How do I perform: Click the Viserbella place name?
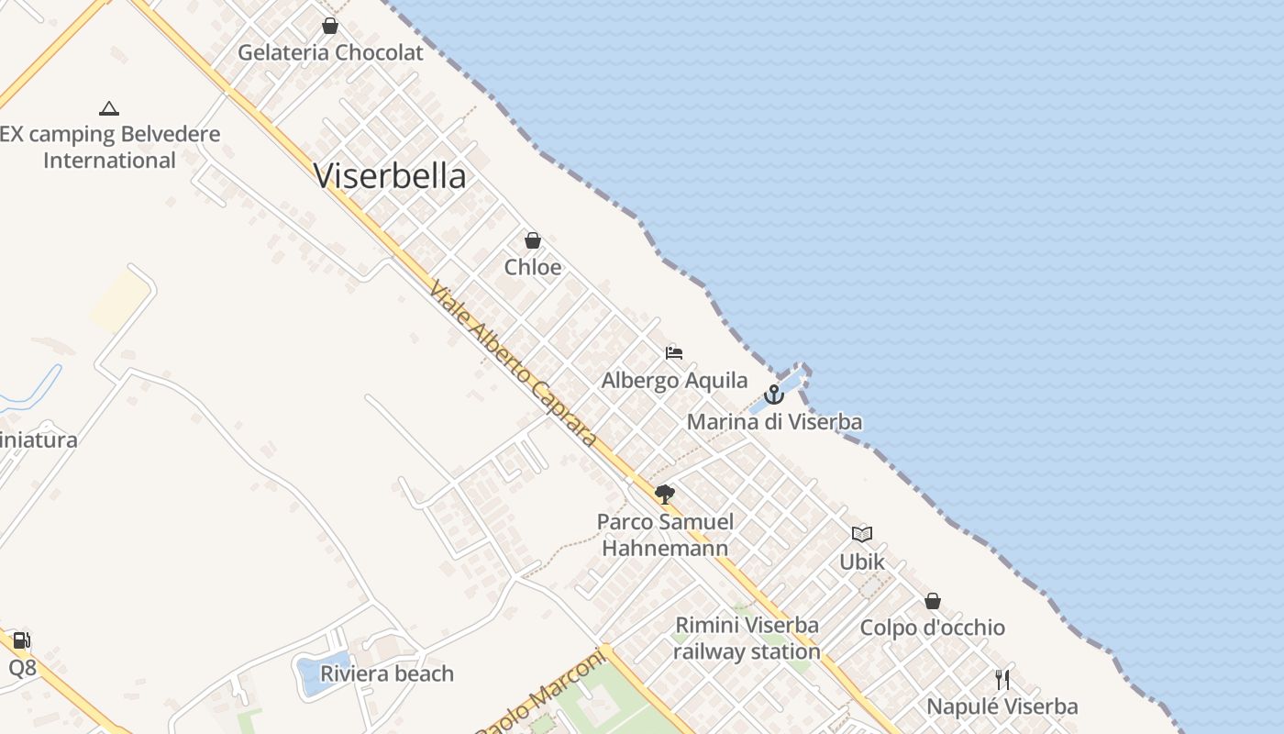point(390,175)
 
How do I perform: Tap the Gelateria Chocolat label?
point(330,52)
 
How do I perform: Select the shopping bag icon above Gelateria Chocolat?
point(330,26)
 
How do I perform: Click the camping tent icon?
point(109,108)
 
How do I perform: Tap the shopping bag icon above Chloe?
point(533,240)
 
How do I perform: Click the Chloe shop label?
point(533,267)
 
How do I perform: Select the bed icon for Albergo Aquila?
point(674,353)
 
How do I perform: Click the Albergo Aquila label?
point(674,380)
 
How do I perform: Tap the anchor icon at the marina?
point(774,395)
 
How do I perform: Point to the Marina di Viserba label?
point(774,422)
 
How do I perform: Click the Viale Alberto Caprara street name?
point(513,364)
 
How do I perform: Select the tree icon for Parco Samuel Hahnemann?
point(665,495)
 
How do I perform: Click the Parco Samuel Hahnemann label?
point(665,535)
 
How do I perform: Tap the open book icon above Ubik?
point(862,534)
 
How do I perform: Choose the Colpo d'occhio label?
point(932,628)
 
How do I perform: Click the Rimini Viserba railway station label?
point(747,638)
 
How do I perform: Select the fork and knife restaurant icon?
point(1002,680)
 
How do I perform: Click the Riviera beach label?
point(386,673)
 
